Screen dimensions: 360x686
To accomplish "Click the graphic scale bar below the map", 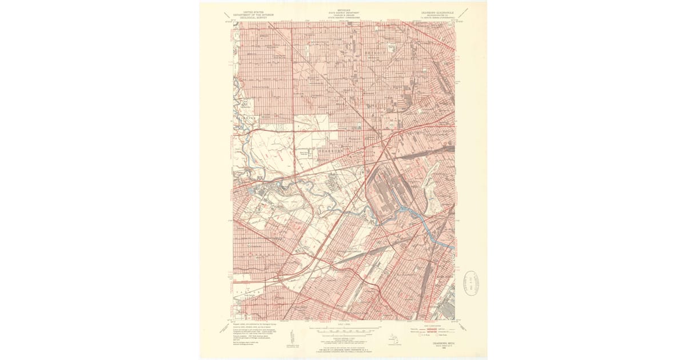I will click(x=343, y=330).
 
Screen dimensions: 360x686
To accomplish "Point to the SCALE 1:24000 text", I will click(x=343, y=325).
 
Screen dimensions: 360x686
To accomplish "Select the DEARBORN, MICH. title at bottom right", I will click(x=437, y=343).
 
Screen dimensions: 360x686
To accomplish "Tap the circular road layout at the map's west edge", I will click(x=245, y=103).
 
